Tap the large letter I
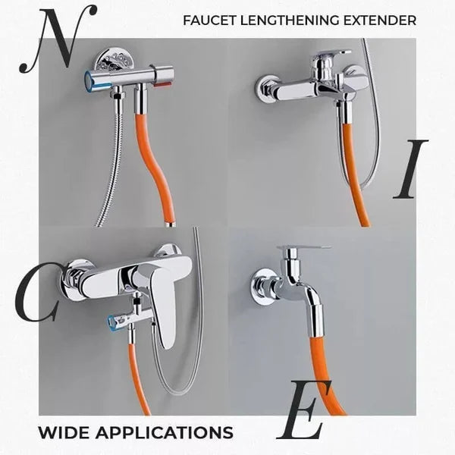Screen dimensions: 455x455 [410, 169]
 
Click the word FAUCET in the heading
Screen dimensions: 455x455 [209, 20]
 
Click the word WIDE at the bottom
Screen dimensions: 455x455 [64, 433]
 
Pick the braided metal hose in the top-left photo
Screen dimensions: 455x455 [111, 167]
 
